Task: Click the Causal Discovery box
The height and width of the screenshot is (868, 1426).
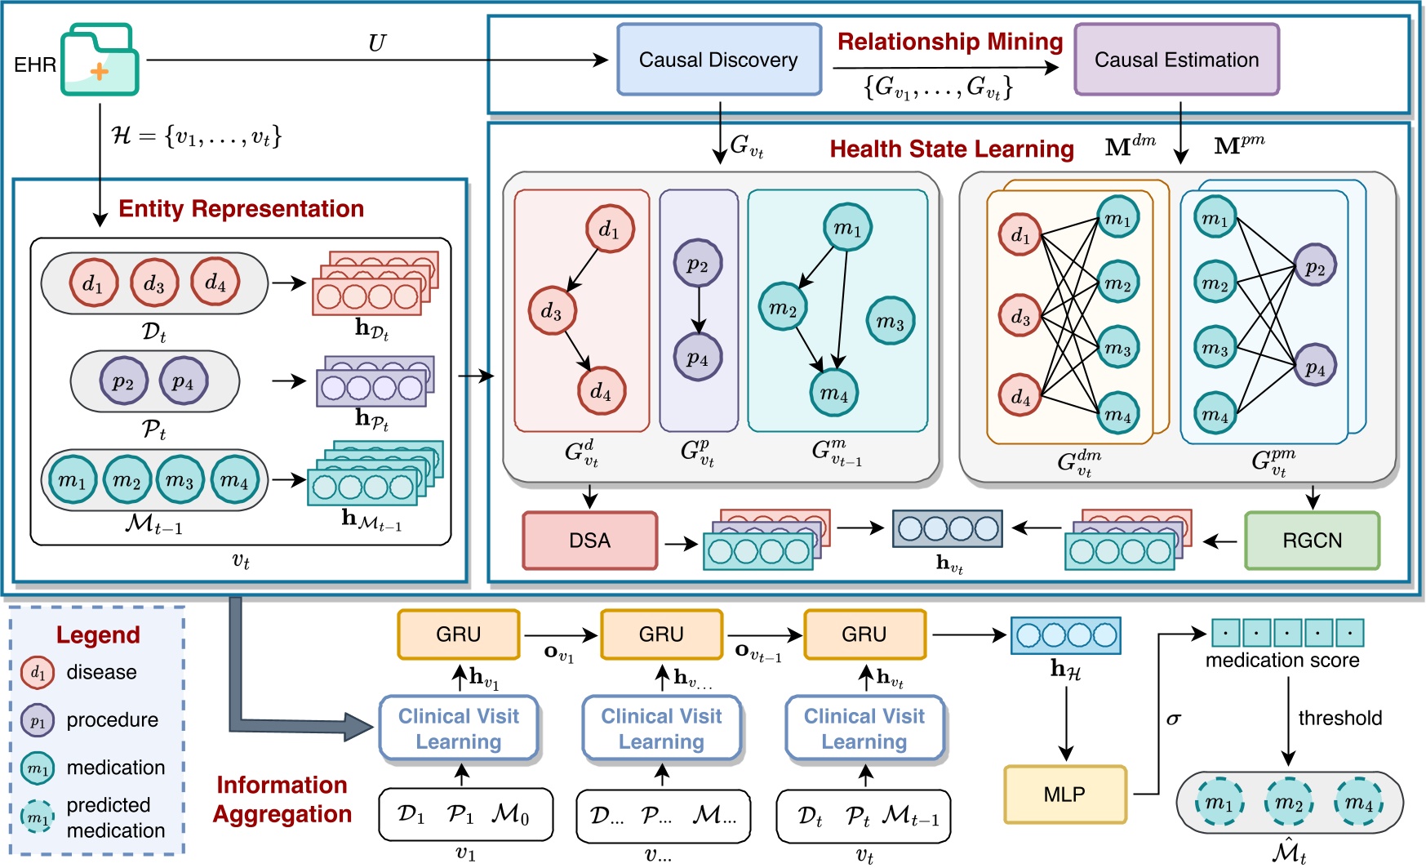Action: [718, 60]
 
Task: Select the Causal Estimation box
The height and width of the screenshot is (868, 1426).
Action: [1176, 60]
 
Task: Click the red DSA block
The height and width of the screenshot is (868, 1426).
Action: [589, 541]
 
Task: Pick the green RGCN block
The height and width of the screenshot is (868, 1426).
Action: [1312, 541]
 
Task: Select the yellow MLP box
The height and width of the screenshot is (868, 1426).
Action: [1064, 794]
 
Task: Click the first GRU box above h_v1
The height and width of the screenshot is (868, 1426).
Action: [458, 634]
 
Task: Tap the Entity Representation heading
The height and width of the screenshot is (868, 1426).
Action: [241, 209]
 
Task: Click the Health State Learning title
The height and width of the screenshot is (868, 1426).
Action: [952, 149]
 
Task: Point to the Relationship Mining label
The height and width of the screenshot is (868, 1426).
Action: [950, 42]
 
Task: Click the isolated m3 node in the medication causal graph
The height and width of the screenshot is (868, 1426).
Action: [890, 321]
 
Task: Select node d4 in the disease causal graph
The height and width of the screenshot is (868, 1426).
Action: [601, 391]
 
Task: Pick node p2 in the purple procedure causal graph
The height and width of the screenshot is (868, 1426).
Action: [697, 263]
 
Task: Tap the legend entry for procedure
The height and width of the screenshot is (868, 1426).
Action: [112, 720]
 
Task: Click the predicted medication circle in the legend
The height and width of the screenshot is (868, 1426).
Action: [38, 816]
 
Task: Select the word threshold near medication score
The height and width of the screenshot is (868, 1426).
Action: [1339, 719]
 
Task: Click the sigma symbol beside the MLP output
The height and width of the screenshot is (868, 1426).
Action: [1174, 719]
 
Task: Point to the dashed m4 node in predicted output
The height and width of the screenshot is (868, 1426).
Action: [1359, 803]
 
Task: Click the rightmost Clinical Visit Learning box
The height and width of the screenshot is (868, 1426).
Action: [864, 728]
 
